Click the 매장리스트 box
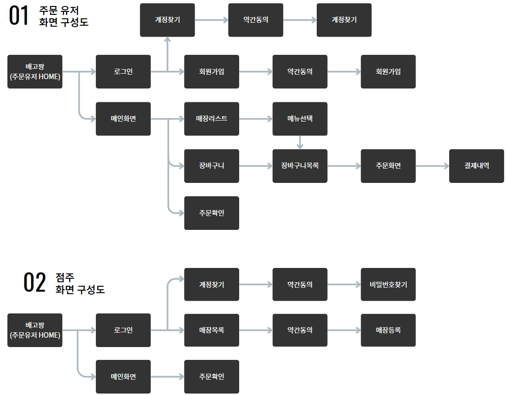(x=211, y=119)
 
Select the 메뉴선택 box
(x=300, y=119)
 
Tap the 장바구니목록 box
(x=300, y=166)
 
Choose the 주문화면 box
(x=388, y=166)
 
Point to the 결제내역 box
(x=476, y=166)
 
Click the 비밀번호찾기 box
(x=388, y=285)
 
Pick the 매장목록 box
(x=211, y=330)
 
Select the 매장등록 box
(x=388, y=330)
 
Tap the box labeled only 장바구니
(x=211, y=166)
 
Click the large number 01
(x=20, y=16)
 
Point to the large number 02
(x=35, y=282)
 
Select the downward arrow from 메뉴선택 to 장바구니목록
(x=300, y=142)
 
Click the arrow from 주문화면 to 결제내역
(x=432, y=166)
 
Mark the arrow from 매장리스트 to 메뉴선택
(x=255, y=119)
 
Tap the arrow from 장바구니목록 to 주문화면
(x=344, y=166)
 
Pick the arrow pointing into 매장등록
(x=344, y=330)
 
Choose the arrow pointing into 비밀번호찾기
(x=344, y=285)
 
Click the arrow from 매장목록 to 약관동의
(x=255, y=330)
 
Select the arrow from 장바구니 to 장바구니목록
(x=255, y=166)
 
